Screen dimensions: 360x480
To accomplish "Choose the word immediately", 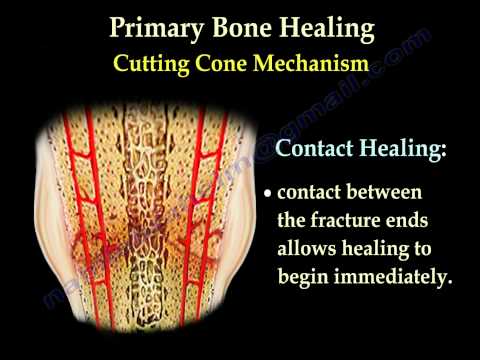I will pos(395,274).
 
